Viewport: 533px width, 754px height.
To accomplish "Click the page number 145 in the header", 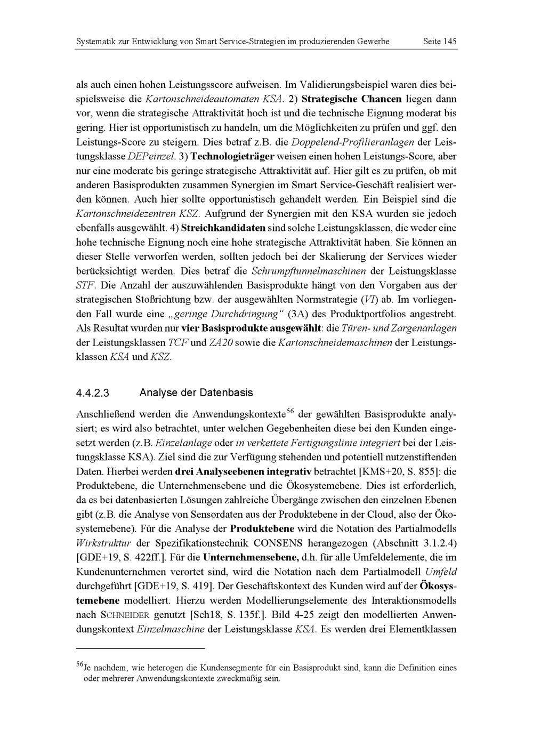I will pyautogui.click(x=450, y=41).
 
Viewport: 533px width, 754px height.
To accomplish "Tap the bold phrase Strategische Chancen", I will pyautogui.click(x=351, y=99).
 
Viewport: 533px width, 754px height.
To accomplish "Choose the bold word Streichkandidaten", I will pyautogui.click(x=223, y=228).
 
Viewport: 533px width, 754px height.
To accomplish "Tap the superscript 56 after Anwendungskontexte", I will pyautogui.click(x=290, y=411).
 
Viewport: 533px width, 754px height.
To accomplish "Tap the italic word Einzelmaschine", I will pyautogui.click(x=171, y=629).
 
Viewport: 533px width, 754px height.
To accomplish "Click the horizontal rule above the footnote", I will pyautogui.click(x=141, y=648).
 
